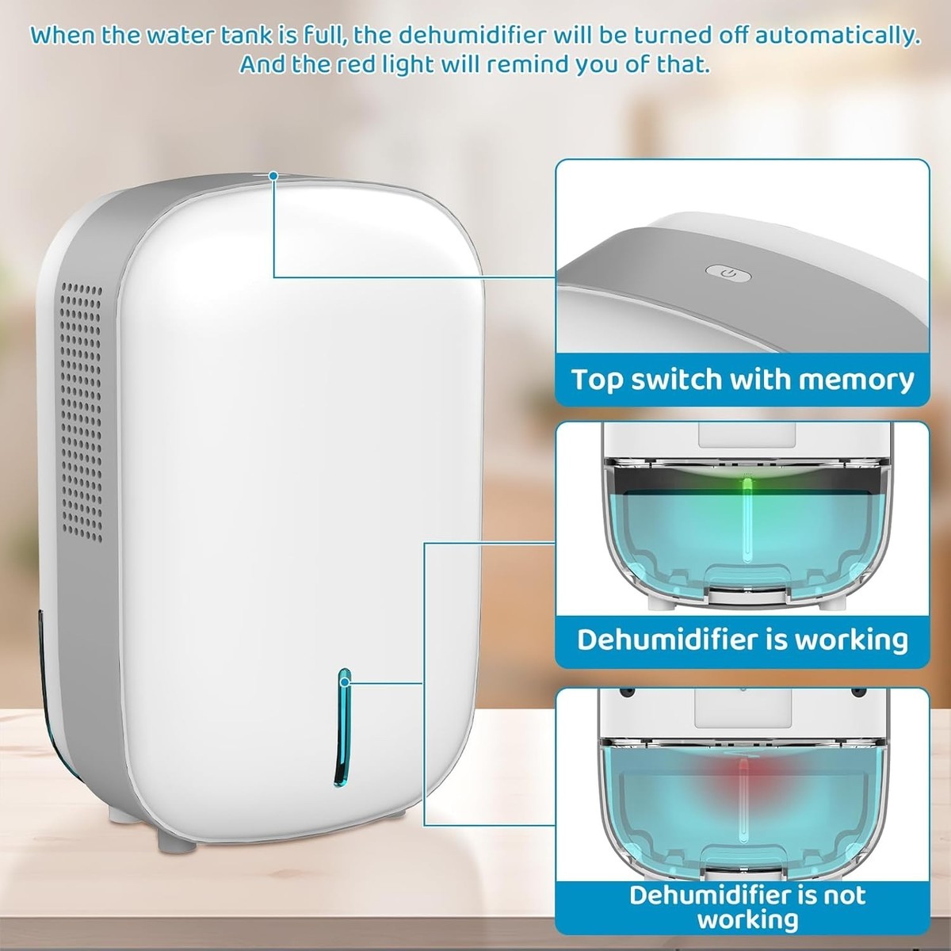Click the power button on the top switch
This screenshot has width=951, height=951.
728,272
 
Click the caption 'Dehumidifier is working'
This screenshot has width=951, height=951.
743,639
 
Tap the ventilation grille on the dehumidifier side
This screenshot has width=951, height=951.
82,412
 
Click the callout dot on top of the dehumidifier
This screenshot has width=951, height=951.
274,176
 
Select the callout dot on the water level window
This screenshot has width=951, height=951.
345,683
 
